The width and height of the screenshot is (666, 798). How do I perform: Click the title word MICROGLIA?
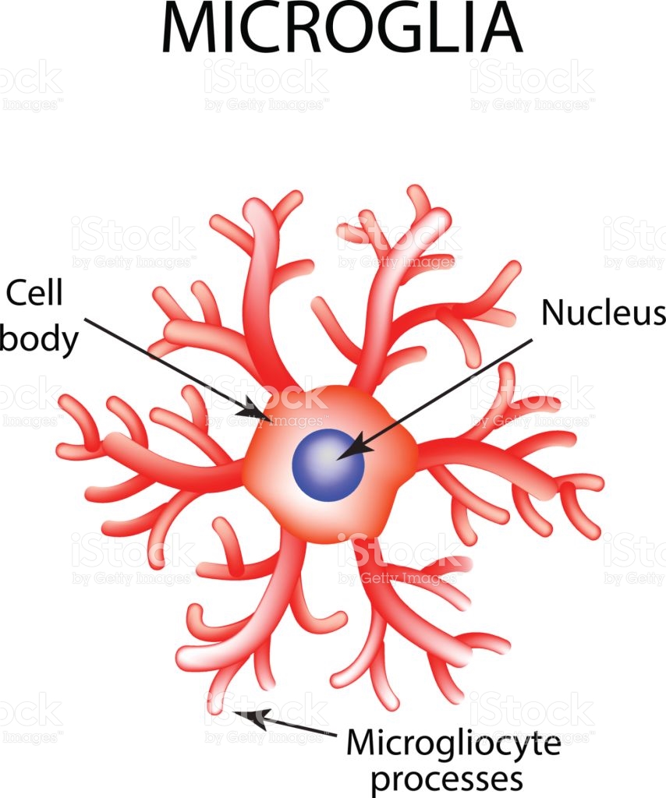coord(342,27)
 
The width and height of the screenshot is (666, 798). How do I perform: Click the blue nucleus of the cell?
coord(328,465)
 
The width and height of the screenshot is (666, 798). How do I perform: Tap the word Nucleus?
coord(603,312)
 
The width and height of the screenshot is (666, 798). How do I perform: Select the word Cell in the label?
coord(34,293)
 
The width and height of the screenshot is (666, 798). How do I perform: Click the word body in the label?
coord(39,338)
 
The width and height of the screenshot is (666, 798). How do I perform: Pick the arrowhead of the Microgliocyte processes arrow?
coord(250,718)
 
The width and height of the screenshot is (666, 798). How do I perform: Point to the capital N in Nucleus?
coord(551,312)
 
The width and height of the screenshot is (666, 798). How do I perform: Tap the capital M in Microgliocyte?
coord(362,744)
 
